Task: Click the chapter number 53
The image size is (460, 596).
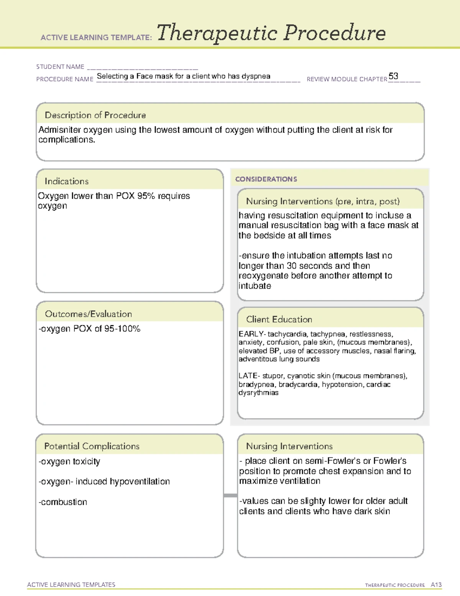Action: (393, 76)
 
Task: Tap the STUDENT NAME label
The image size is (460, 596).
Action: (60, 67)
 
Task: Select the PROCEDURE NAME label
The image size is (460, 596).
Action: (65, 79)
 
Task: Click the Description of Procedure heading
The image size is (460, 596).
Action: (95, 115)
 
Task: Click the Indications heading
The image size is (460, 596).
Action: (66, 181)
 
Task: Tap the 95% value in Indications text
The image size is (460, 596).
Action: (146, 196)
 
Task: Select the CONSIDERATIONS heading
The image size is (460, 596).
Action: (266, 179)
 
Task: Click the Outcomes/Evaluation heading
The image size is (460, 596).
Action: (88, 314)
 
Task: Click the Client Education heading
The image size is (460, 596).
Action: (279, 319)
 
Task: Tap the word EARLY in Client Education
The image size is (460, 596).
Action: (251, 334)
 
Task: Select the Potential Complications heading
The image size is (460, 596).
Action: (92, 446)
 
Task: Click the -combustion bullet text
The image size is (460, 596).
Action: (63, 502)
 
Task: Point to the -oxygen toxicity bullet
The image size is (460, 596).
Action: (69, 461)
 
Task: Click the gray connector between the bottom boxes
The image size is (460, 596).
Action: (230, 495)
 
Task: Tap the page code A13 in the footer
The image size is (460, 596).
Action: (436, 584)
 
